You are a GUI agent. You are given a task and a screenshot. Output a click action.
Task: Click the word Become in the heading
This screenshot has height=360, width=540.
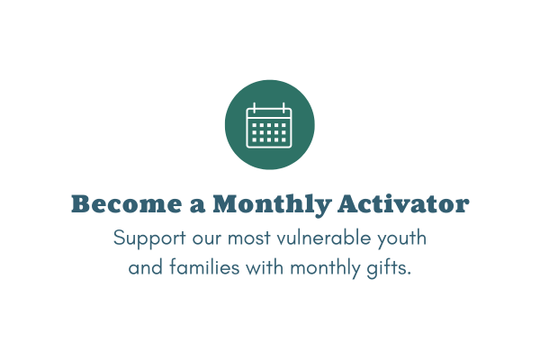[x=126, y=204]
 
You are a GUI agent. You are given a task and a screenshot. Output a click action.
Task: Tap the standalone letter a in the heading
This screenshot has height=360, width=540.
[x=197, y=206]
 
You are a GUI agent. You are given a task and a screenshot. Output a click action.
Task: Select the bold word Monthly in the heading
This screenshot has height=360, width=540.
[x=272, y=205]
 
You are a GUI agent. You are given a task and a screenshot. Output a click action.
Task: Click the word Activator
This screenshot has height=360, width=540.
[x=403, y=204]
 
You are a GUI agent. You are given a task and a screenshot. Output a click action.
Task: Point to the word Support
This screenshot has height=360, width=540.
[x=149, y=238]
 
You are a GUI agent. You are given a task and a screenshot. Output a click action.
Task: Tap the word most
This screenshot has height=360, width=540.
[x=249, y=238]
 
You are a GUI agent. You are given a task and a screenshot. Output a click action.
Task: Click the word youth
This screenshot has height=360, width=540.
[x=402, y=238]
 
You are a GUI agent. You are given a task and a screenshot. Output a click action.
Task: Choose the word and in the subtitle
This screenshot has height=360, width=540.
[x=145, y=267]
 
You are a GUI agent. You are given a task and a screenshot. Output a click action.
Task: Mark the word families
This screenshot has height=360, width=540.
[x=204, y=267]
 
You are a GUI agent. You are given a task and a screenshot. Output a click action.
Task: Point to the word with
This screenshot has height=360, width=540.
[x=265, y=267]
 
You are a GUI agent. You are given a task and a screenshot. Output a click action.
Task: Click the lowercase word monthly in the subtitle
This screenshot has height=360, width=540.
[x=325, y=268]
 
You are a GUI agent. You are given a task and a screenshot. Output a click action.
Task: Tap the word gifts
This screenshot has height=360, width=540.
[x=386, y=268]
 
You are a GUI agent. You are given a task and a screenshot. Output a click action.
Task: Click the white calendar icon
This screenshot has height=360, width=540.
[x=269, y=125]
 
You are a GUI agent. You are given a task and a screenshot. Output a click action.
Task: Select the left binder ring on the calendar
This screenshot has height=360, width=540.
[x=254, y=107]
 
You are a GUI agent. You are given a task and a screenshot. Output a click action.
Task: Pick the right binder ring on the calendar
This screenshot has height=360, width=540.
[x=283, y=107]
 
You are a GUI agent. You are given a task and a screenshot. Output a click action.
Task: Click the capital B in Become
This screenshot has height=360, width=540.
[x=78, y=204]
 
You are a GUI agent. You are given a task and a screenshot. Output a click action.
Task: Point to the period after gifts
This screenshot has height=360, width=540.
[x=409, y=274]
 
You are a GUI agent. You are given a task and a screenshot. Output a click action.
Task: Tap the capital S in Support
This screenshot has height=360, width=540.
[x=119, y=238]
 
